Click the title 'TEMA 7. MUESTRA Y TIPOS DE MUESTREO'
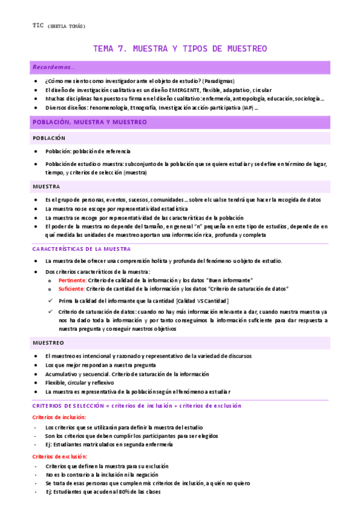(180, 49)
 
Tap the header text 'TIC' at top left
(37, 25)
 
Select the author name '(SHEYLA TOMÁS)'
(66, 26)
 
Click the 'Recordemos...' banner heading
(54, 67)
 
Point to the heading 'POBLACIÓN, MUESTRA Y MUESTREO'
(90, 122)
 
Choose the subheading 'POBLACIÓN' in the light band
(49, 138)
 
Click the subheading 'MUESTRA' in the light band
(46, 186)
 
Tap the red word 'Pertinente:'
(73, 280)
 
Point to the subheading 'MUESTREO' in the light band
(49, 343)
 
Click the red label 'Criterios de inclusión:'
(59, 417)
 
